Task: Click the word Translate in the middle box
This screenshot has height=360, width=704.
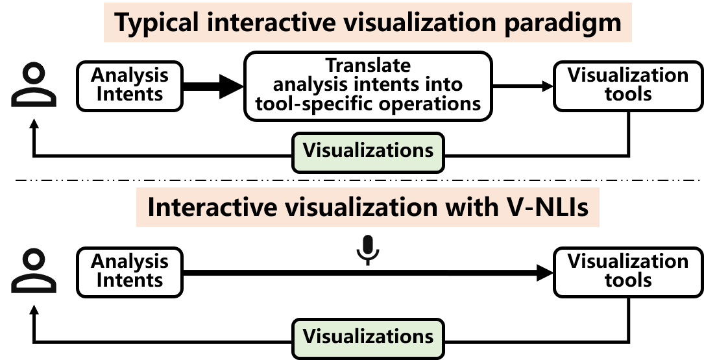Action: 368,66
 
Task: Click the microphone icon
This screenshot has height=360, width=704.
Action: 368,250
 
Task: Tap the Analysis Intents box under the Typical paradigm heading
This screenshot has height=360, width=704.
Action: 129,85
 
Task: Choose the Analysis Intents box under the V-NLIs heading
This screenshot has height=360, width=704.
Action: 129,271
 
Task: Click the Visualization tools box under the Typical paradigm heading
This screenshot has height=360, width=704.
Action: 627,85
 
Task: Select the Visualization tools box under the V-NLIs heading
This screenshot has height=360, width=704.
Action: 627,271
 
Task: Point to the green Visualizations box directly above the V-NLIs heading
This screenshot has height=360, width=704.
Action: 368,152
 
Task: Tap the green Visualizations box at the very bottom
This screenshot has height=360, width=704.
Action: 368,337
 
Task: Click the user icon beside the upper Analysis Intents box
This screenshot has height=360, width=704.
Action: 34,84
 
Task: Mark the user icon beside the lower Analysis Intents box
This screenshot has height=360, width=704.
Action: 34,271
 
